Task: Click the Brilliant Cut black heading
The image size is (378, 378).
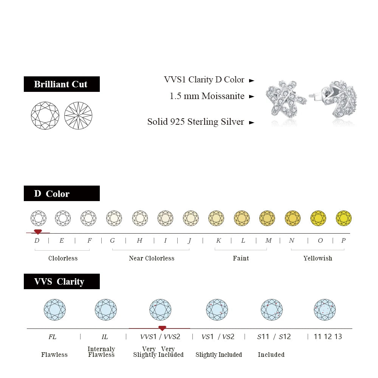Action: pyautogui.click(x=62, y=84)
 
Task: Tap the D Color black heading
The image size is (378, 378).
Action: pyautogui.click(x=62, y=193)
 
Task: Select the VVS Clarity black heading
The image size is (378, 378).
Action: pyautogui.click(x=62, y=281)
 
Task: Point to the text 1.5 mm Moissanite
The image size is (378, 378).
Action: pyautogui.click(x=207, y=96)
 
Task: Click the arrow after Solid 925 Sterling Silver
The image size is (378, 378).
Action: pyautogui.click(x=252, y=122)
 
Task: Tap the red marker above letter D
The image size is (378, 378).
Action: pyautogui.click(x=38, y=232)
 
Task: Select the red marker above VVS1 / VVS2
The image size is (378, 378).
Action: pyautogui.click(x=162, y=328)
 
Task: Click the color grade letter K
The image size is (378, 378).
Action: pyautogui.click(x=218, y=240)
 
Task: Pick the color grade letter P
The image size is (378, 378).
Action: pyautogui.click(x=343, y=240)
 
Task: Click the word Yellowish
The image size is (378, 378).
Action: pyautogui.click(x=318, y=258)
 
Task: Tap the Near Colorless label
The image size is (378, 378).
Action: pyautogui.click(x=151, y=258)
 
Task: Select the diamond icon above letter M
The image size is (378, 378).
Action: pyautogui.click(x=267, y=218)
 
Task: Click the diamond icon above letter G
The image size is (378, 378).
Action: pyautogui.click(x=114, y=218)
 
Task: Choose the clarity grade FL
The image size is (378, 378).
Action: pyautogui.click(x=52, y=336)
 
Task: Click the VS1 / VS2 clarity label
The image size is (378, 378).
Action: pyautogui.click(x=218, y=336)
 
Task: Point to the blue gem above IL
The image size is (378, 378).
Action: pyautogui.click(x=106, y=310)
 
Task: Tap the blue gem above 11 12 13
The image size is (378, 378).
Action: pyautogui.click(x=325, y=310)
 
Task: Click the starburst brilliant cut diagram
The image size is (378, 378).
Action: pyautogui.click(x=78, y=115)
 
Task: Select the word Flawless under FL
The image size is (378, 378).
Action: pyautogui.click(x=54, y=355)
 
